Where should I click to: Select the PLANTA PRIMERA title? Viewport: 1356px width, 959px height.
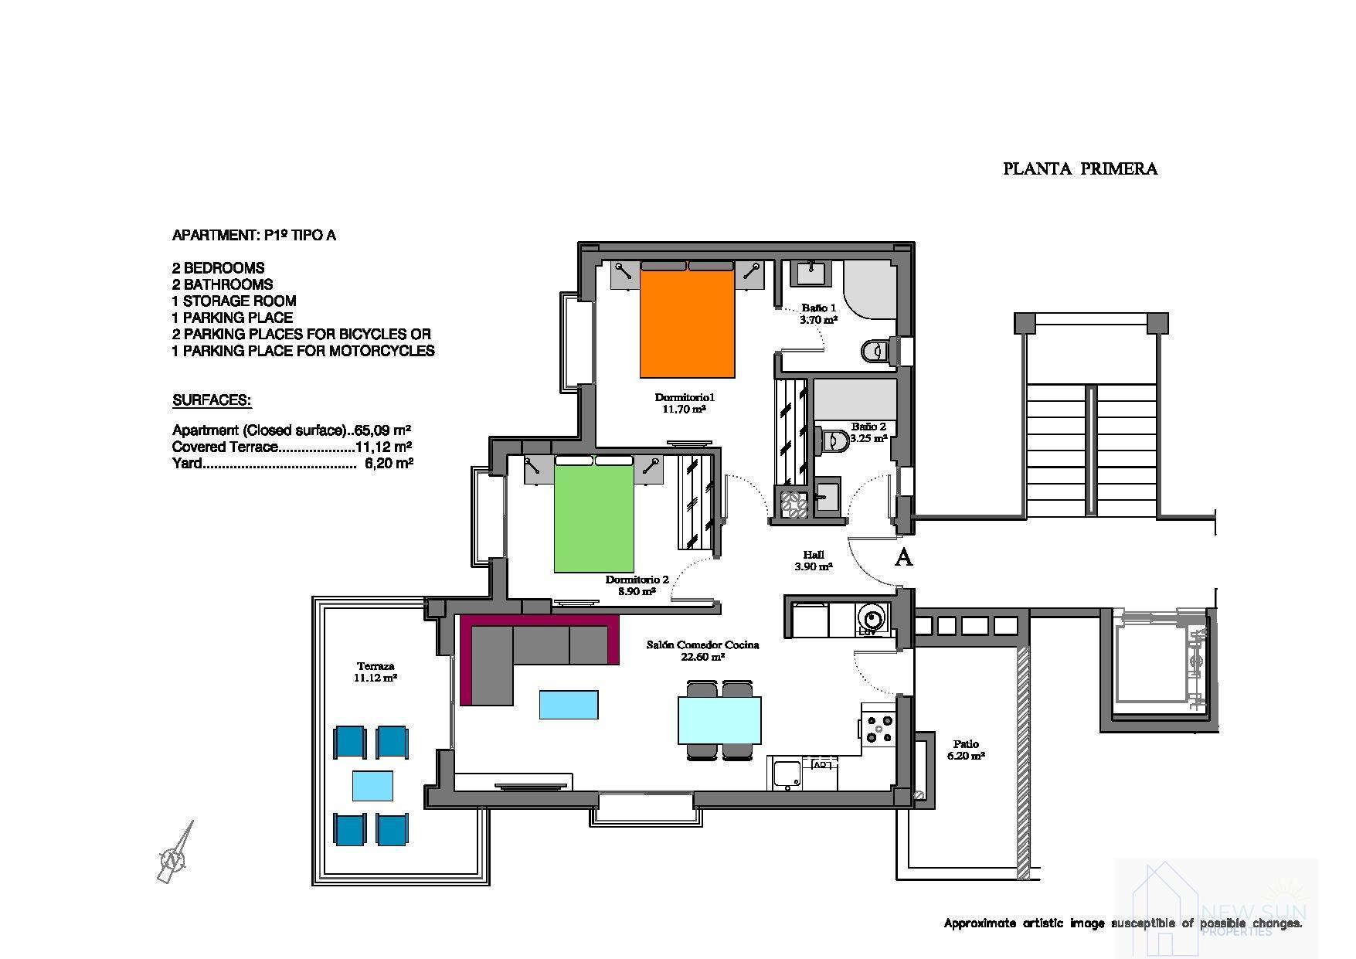pos(1079,168)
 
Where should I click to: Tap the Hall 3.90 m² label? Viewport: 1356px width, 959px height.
pos(813,560)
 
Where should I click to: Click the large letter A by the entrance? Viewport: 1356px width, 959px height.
pos(902,557)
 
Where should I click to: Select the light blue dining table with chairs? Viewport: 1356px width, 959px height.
pos(719,719)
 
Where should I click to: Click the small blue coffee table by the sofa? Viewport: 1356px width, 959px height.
pos(569,705)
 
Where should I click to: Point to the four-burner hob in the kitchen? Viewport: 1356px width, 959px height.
pos(879,729)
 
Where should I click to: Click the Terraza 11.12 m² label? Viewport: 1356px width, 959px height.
pos(376,672)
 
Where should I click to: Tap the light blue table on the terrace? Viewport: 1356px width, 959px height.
pos(372,785)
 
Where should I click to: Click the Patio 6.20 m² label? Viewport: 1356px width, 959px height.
pos(966,750)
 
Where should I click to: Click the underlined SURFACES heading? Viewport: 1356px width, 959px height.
pos(212,400)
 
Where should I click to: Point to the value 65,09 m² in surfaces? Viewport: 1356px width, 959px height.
pos(382,430)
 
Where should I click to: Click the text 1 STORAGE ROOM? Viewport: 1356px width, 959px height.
pos(234,301)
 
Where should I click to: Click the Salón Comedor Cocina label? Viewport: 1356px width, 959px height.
pos(702,650)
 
